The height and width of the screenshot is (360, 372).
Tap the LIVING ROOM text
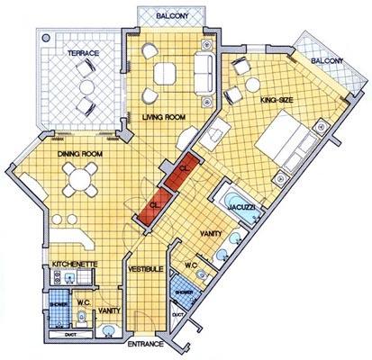tap(165, 116)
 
